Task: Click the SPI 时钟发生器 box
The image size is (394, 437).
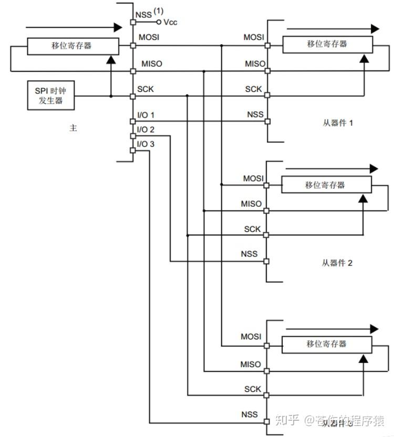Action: [x=50, y=95]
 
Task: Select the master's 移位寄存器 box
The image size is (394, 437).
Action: [x=71, y=46]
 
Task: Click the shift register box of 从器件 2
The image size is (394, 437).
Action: [x=326, y=185]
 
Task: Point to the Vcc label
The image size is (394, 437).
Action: [x=171, y=22]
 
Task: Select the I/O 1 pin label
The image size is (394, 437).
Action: [x=146, y=114]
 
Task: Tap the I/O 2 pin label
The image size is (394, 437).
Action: [x=146, y=129]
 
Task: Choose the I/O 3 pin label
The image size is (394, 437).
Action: [x=146, y=144]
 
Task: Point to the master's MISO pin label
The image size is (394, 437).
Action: [x=152, y=63]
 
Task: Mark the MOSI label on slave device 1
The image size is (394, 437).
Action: [x=254, y=37]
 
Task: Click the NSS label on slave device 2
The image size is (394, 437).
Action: [x=249, y=254]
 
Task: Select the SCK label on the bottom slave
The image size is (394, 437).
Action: [x=252, y=389]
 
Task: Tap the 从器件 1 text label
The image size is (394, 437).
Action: [x=337, y=123]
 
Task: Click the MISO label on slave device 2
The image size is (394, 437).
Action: [x=251, y=204]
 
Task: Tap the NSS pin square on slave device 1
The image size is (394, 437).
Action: [x=267, y=121]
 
